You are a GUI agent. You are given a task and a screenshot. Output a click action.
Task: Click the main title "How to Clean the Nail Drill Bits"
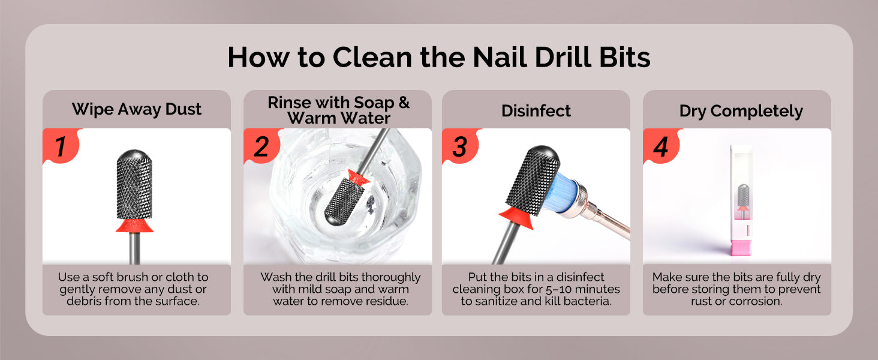pos(439,57)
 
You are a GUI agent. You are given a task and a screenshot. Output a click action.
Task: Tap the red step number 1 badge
pos(61,145)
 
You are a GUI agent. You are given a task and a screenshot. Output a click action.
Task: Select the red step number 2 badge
pos(261,145)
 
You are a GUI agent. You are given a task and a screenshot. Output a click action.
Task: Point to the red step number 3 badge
pos(460,145)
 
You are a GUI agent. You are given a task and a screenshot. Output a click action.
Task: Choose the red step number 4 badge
pos(661,145)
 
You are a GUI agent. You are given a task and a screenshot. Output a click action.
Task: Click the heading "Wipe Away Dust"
pos(136,109)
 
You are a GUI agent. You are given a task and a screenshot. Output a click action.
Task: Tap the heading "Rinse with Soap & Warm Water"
pos(339,110)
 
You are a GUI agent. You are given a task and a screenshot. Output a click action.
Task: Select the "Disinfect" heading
pos(536,111)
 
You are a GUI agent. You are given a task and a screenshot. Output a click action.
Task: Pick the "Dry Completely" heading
pos(741,112)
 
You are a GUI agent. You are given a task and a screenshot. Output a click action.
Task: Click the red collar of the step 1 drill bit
pos(134,226)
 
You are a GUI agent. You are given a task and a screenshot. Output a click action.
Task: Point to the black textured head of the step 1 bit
pos(134,184)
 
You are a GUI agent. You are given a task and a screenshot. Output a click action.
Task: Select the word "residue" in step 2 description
pos(387,301)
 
